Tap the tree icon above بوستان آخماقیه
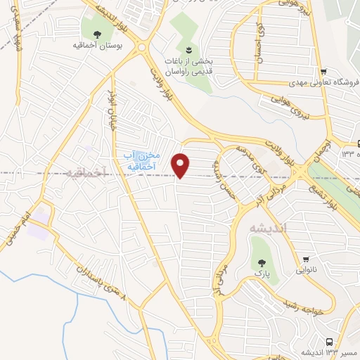[96, 32]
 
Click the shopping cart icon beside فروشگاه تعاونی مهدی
[323, 72]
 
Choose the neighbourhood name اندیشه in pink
[264, 228]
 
